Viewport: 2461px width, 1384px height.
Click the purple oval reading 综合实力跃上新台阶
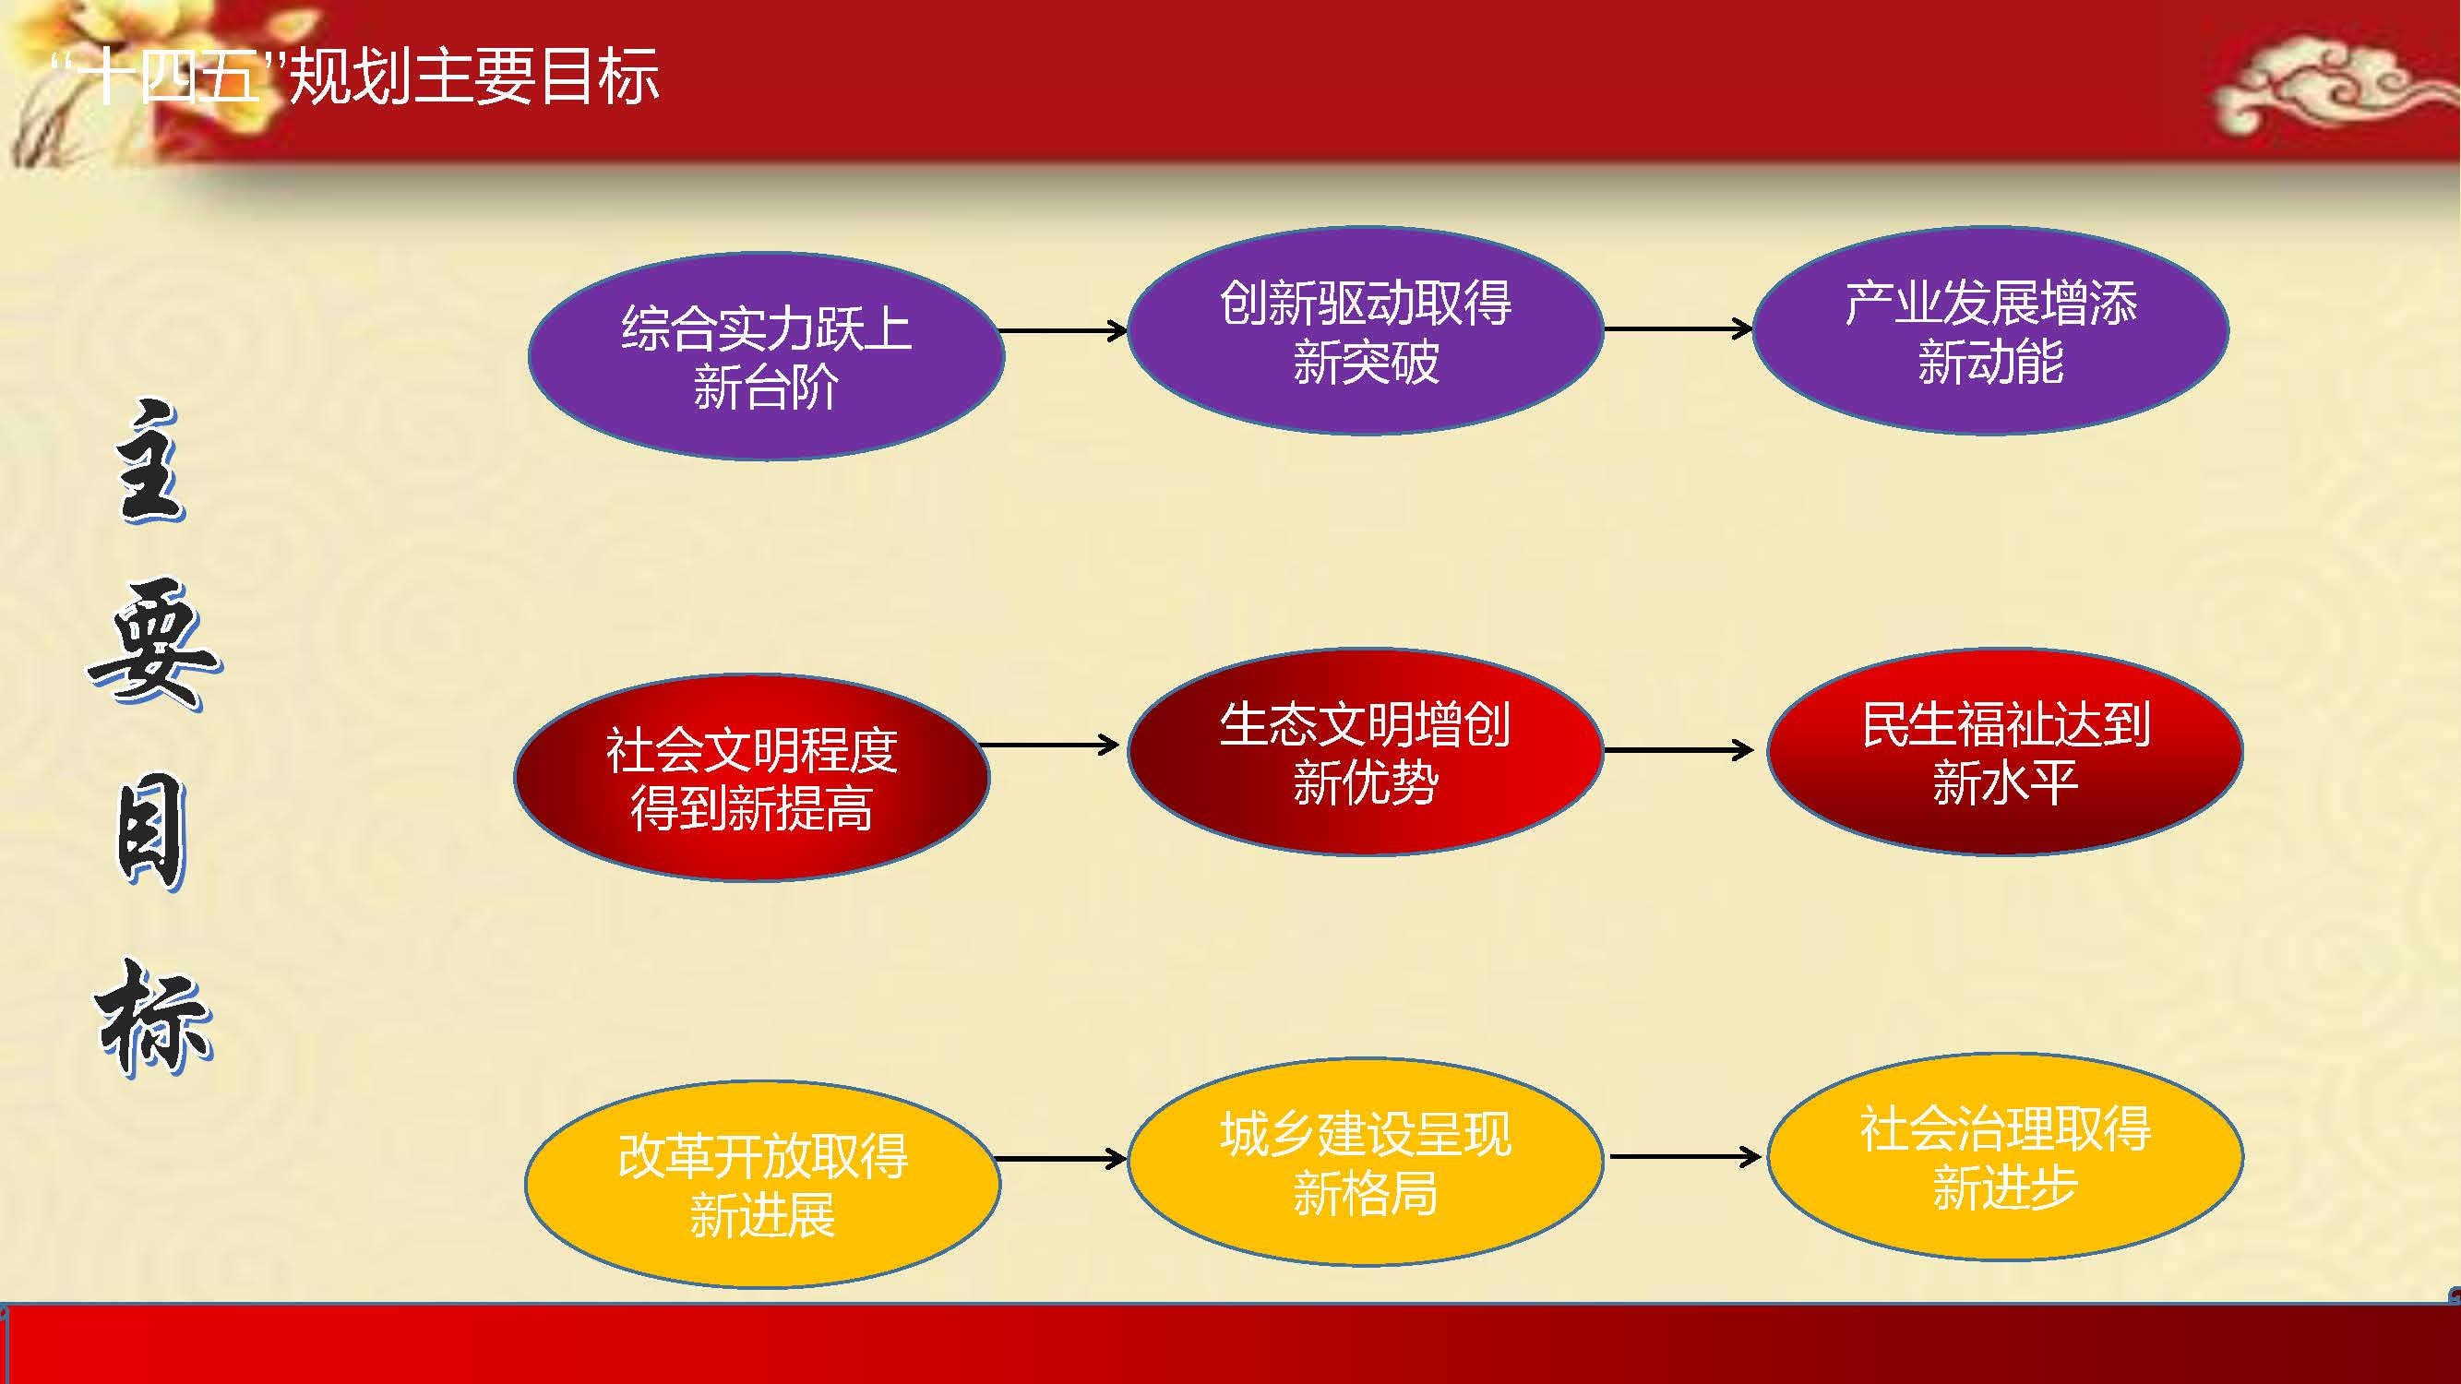[x=766, y=356]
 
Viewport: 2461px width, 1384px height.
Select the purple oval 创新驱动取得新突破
[x=1365, y=330]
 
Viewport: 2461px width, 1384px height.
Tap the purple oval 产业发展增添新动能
[x=1991, y=330]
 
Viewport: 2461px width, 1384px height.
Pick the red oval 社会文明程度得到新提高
[x=752, y=778]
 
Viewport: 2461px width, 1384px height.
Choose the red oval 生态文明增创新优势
[x=1365, y=752]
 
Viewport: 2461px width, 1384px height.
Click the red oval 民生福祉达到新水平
[x=2005, y=752]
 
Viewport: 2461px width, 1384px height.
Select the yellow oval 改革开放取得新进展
[x=763, y=1185]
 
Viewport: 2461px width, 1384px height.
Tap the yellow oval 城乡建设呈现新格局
[x=1365, y=1162]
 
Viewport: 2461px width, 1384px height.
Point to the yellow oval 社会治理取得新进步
[x=2005, y=1157]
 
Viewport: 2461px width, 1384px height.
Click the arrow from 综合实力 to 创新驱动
[x=1063, y=330]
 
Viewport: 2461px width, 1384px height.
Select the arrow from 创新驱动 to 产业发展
[x=1678, y=329]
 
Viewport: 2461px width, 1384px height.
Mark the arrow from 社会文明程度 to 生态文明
[x=1049, y=744]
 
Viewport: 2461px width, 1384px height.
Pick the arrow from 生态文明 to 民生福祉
[x=1678, y=751]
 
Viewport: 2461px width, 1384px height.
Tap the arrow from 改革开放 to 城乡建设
[x=1060, y=1160]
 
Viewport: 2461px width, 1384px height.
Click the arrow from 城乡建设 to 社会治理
[x=1685, y=1157]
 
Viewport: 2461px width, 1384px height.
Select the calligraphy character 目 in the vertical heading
[x=151, y=831]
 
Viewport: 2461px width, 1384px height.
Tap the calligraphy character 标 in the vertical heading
[x=153, y=1017]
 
